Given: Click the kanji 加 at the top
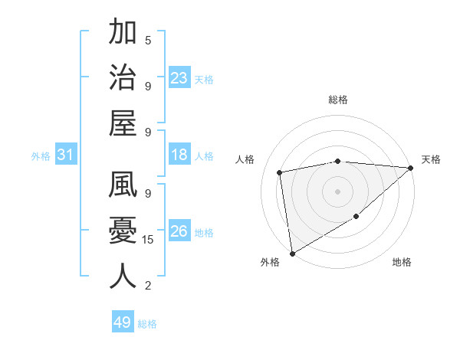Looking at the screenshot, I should point(123,33).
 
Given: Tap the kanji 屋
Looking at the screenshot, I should point(123,124).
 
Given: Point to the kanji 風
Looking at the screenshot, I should point(123,186).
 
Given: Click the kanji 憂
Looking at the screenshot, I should point(123,231).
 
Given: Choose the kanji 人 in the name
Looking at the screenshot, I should point(123,277).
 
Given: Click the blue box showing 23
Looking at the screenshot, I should point(179,78).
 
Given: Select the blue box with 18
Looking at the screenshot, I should point(179,155).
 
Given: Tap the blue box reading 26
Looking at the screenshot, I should point(179,232).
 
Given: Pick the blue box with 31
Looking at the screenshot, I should point(65,155).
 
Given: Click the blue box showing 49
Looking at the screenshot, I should point(123,322).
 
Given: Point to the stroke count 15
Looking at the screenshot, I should point(149,240).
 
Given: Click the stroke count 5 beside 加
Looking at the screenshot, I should point(148,40).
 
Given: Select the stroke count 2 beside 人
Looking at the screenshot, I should point(148,286).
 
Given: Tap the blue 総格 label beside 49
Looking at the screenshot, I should point(148,324).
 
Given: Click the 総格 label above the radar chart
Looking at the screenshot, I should point(337,100).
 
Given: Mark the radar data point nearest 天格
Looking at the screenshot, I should point(411,169).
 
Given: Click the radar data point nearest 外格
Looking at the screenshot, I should point(292,253).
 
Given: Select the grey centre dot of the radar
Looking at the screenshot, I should point(337,190).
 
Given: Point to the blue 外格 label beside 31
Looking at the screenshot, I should point(41,156).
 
